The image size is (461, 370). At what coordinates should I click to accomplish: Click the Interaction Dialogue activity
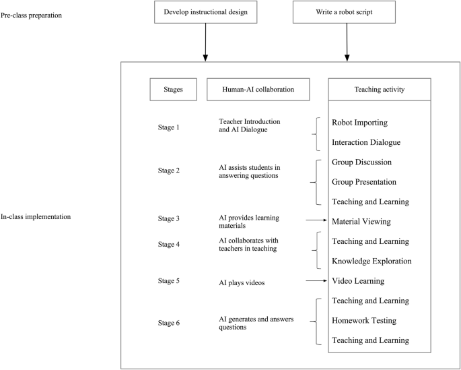(366, 142)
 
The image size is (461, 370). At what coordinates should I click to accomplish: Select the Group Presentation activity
(364, 182)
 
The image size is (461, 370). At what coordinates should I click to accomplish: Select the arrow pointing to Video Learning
(316, 280)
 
